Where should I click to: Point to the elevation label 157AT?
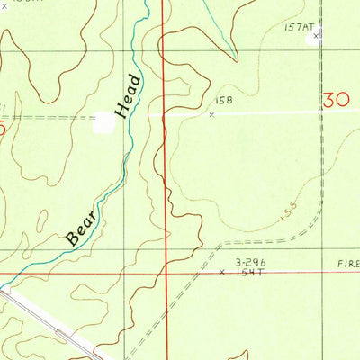click(x=297, y=28)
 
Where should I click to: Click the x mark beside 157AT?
click(x=316, y=37)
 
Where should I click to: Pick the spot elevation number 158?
click(x=224, y=102)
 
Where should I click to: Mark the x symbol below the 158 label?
click(x=212, y=114)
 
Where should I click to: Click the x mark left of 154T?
click(x=222, y=270)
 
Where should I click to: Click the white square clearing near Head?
click(x=103, y=123)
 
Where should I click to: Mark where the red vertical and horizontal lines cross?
click(x=168, y=270)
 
